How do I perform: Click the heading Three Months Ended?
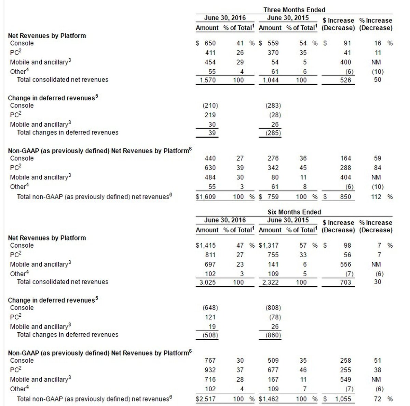coord(294,10)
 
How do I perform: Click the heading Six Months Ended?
coord(294,212)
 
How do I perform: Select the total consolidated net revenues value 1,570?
coord(207,80)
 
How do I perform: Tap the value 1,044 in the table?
coord(271,80)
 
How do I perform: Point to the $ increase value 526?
coord(345,80)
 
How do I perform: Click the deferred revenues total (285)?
coord(273,133)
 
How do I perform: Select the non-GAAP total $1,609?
coord(206,197)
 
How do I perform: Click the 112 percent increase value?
coord(376,197)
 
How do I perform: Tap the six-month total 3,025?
coord(207,282)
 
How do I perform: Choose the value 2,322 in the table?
coord(271,282)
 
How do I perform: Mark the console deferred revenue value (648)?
coord(210,308)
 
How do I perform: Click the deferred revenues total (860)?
coord(273,335)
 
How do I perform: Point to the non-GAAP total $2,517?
coord(206,399)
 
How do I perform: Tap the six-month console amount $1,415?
coord(206,246)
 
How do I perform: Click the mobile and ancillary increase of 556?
coord(345,264)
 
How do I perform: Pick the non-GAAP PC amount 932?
coord(210,370)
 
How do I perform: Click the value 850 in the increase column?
coord(345,197)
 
